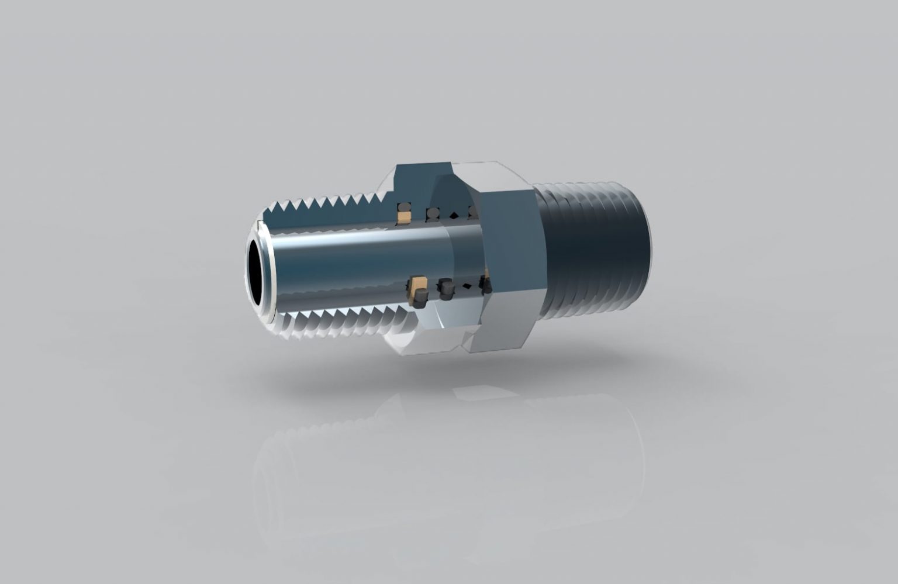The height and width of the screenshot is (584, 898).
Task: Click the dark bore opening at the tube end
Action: click(x=255, y=271)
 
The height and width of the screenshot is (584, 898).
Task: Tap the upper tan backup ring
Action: click(x=404, y=217)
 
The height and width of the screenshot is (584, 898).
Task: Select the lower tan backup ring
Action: click(x=419, y=286)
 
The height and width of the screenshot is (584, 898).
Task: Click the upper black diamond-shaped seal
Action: click(x=453, y=215)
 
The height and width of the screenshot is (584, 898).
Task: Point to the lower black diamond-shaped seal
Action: click(x=467, y=286)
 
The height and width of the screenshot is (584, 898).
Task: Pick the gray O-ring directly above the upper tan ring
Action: click(x=403, y=208)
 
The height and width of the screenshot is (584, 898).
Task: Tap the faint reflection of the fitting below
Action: click(x=444, y=468)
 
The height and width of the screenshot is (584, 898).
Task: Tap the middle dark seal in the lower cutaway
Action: click(x=446, y=289)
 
